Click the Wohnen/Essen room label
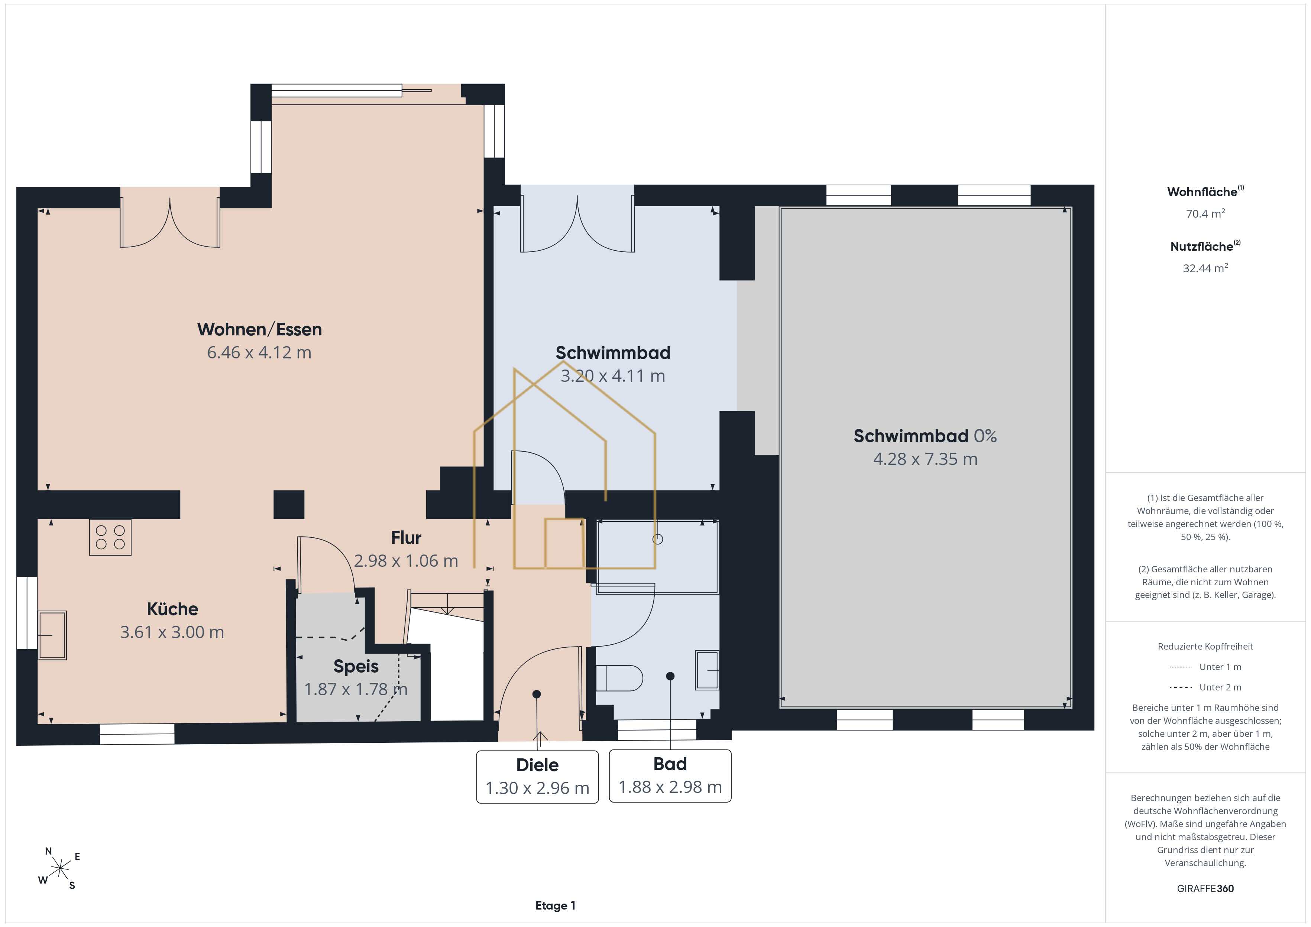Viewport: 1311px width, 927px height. point(259,329)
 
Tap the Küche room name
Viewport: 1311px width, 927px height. point(172,609)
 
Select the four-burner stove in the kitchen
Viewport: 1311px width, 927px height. point(110,537)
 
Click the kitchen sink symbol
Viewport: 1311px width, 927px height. point(52,635)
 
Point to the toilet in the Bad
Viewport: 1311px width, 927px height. point(619,678)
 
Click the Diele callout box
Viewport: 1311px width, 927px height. point(537,777)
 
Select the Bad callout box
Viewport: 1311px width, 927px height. point(670,776)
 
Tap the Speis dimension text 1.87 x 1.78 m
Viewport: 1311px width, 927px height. point(356,690)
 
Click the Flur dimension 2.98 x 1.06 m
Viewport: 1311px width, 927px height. point(406,561)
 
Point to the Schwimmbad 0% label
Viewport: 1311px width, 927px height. point(925,436)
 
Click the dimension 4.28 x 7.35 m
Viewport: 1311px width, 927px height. point(925,459)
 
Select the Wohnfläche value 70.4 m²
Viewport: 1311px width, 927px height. point(1205,214)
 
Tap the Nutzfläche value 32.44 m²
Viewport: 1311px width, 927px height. point(1205,268)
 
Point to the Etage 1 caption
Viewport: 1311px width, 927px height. point(555,906)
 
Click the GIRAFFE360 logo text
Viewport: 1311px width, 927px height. point(1205,889)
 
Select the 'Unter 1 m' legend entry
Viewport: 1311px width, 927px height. point(1205,667)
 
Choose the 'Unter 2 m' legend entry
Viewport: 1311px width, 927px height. point(1205,687)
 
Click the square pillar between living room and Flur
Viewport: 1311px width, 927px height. point(289,505)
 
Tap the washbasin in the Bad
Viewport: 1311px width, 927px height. point(707,670)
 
